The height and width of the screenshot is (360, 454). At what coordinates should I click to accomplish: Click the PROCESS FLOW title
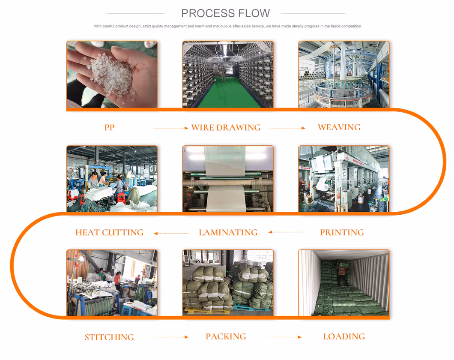[226, 13]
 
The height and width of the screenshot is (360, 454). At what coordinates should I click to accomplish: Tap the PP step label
[110, 127]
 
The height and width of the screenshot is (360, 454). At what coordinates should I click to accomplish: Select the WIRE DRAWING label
[226, 127]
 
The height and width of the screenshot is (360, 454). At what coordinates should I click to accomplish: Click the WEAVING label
[339, 127]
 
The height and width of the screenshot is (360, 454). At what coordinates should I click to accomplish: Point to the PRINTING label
[342, 232]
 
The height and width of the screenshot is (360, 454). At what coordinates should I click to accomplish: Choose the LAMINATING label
[228, 232]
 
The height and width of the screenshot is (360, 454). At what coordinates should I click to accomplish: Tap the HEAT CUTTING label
[110, 232]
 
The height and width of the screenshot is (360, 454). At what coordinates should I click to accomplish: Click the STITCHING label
[109, 337]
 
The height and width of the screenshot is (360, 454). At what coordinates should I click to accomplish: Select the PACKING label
[226, 336]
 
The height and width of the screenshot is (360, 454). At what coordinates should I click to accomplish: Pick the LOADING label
[344, 336]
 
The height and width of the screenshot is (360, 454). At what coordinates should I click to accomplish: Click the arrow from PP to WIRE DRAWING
[171, 128]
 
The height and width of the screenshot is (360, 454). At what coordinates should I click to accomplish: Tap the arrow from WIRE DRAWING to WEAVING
[288, 128]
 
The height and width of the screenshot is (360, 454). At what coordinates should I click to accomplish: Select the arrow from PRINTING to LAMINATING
[286, 232]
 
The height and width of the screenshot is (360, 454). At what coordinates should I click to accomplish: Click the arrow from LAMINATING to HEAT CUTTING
[171, 234]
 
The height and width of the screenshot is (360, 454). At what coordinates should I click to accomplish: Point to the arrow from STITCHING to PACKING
[171, 337]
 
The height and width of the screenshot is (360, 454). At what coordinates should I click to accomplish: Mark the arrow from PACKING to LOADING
[284, 337]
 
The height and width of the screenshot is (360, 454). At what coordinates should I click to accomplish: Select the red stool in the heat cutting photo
[121, 198]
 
